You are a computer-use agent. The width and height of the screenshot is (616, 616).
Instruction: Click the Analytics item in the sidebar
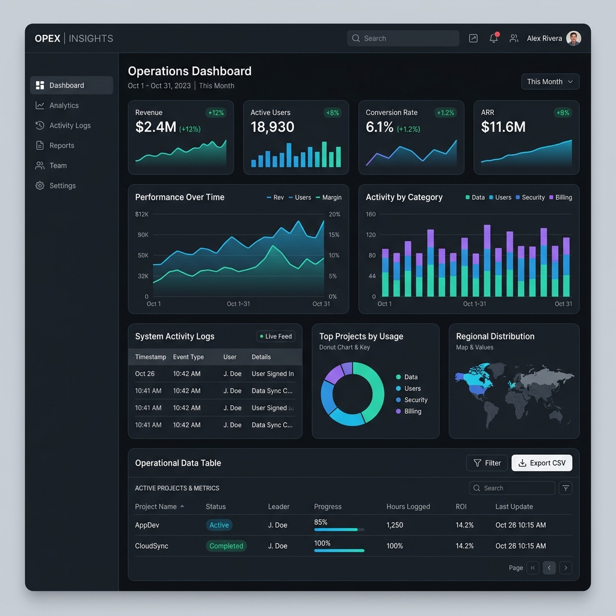point(64,105)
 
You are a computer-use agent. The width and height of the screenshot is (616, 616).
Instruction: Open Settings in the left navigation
point(63,186)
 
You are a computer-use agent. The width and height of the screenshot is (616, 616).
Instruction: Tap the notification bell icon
point(494,38)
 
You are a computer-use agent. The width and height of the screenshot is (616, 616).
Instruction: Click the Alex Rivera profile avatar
point(574,38)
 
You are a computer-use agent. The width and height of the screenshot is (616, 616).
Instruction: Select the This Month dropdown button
point(550,82)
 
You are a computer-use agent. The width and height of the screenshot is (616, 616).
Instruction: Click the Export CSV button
point(541,463)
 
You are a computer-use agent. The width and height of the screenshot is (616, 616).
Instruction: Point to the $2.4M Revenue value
point(155,127)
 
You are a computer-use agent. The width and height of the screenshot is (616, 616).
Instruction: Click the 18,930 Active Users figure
point(273,127)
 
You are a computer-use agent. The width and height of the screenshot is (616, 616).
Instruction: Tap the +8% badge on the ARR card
point(562,112)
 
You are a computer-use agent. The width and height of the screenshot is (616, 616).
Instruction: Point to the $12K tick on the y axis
point(141,214)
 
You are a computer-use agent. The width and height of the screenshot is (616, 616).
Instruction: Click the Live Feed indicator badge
point(276,336)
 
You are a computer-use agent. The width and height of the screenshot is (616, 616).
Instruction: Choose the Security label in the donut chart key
point(415,400)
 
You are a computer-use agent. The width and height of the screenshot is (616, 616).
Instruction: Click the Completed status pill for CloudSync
point(226,546)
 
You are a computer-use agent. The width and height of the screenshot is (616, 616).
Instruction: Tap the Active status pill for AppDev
point(219,525)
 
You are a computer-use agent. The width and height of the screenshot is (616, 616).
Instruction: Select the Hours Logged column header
point(408,507)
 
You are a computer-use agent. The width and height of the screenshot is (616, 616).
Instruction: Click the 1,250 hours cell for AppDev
point(395,525)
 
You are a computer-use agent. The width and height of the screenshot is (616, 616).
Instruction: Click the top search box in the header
point(403,38)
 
